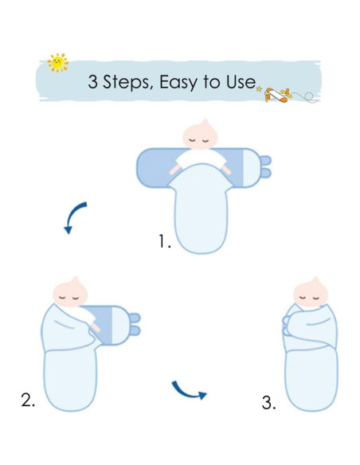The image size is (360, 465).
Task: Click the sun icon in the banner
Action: (57, 62)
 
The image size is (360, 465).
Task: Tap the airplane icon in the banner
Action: (278, 96)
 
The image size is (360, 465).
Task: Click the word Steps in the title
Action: (127, 81)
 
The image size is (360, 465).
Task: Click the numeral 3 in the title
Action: (92, 81)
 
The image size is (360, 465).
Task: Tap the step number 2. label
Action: (29, 400)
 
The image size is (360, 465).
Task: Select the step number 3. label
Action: (268, 403)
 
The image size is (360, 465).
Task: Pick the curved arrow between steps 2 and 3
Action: (189, 389)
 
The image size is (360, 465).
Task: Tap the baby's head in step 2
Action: (70, 294)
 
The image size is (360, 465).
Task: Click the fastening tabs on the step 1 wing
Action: (265, 166)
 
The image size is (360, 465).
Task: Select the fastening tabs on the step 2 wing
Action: (134, 324)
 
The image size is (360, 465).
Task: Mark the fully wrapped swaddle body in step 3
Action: (311, 358)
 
